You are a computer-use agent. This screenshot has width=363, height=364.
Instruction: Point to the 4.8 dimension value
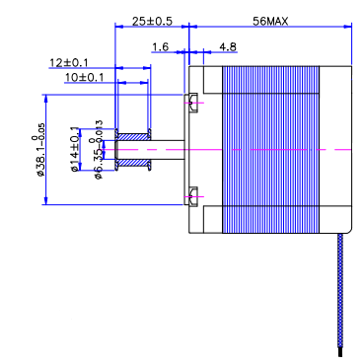pyautogui.click(x=227, y=46)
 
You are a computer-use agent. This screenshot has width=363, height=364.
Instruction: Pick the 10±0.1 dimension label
pyautogui.click(x=84, y=77)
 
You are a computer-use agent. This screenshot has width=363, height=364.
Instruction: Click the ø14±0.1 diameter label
pyautogui.click(x=75, y=150)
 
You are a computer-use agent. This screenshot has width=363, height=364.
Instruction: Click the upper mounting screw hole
pyautogui.click(x=193, y=99)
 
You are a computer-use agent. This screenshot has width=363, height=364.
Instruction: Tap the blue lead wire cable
pyautogui.click(x=340, y=296)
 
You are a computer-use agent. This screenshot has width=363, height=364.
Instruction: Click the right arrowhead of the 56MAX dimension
pyautogui.click(x=348, y=27)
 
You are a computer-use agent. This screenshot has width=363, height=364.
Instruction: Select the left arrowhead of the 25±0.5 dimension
pyautogui.click(x=119, y=27)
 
